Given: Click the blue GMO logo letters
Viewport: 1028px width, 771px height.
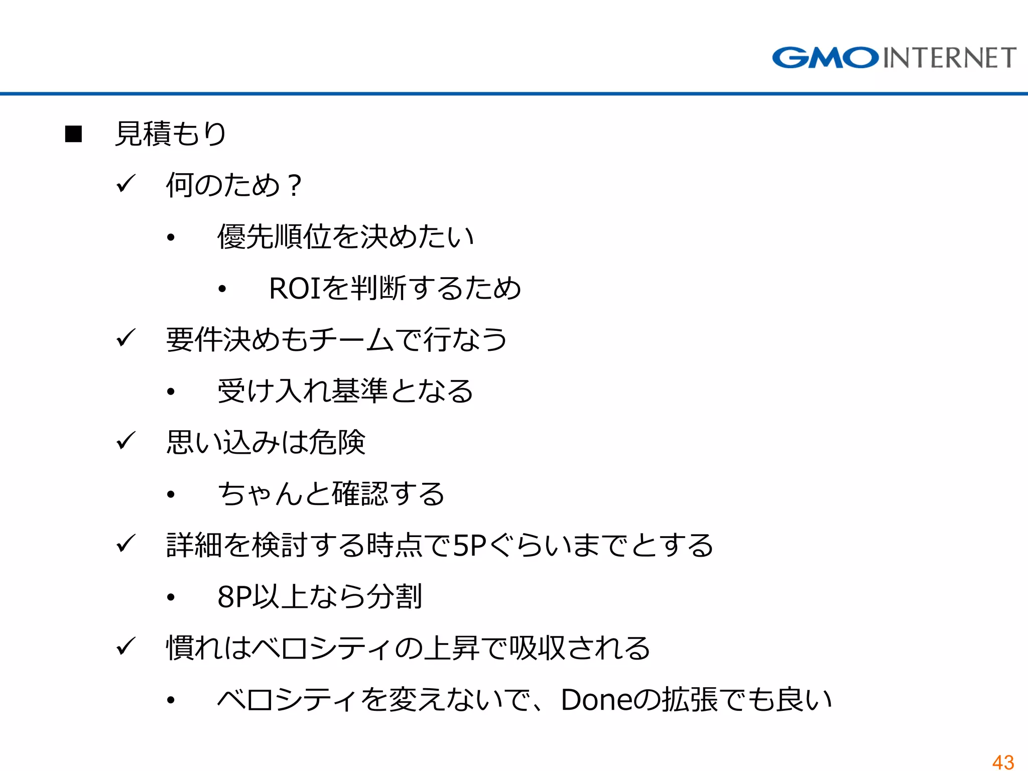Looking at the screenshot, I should pyautogui.click(x=826, y=58).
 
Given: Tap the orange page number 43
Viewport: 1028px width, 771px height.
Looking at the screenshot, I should pyautogui.click(x=1003, y=762).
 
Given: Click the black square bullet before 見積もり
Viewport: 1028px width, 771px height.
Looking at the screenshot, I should pyautogui.click(x=73, y=134).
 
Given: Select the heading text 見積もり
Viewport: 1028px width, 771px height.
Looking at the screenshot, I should pyautogui.click(x=171, y=134).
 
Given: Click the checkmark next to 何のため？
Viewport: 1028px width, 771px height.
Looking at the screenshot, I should pyautogui.click(x=125, y=184).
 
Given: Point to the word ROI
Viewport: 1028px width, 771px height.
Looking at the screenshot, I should pyautogui.click(x=295, y=289).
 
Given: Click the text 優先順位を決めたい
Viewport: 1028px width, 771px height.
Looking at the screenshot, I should pyautogui.click(x=345, y=237).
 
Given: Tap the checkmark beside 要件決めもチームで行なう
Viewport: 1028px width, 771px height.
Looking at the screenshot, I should pyautogui.click(x=125, y=338).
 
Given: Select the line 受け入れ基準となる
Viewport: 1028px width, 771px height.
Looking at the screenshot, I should pyautogui.click(x=345, y=391).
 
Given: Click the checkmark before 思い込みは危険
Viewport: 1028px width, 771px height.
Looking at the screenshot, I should pyautogui.click(x=125, y=441).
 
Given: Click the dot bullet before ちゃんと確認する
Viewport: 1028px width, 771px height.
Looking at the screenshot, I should pyautogui.click(x=171, y=494).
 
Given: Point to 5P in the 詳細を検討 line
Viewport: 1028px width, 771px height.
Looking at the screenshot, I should pyautogui.click(x=469, y=546).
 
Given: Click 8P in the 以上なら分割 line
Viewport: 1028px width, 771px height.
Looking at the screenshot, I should pyautogui.click(x=234, y=597).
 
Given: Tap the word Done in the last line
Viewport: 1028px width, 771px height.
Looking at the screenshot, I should pyautogui.click(x=596, y=699).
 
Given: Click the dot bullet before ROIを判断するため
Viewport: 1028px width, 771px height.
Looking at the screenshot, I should pyautogui.click(x=222, y=289).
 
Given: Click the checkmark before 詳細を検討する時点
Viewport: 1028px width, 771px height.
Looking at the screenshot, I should pyautogui.click(x=125, y=544).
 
